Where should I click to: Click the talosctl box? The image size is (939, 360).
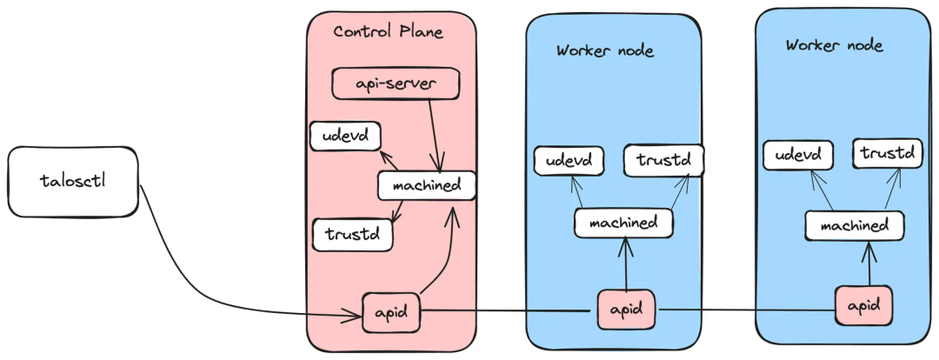[x=73, y=182]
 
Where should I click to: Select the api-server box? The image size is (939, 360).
[x=396, y=83]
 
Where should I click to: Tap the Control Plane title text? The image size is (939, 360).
[x=389, y=31]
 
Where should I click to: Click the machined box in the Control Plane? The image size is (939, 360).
[x=427, y=186]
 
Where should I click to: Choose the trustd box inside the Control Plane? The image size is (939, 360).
[x=353, y=234]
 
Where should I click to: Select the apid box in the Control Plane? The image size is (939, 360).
[x=391, y=312]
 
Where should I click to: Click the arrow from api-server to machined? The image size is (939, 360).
[x=436, y=136]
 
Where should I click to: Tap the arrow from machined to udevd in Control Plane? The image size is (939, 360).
[x=390, y=161]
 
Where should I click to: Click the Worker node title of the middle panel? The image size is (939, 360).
[x=605, y=50]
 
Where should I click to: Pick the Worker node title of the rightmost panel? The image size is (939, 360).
[x=834, y=45]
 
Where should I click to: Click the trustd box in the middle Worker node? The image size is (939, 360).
[x=663, y=160]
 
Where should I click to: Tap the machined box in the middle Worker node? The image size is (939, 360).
[x=623, y=223]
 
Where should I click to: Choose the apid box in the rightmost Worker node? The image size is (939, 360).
[x=864, y=305]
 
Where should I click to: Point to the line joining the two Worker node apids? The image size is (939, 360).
[x=748, y=310]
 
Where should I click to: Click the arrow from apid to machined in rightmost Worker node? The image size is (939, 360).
[x=869, y=263]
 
